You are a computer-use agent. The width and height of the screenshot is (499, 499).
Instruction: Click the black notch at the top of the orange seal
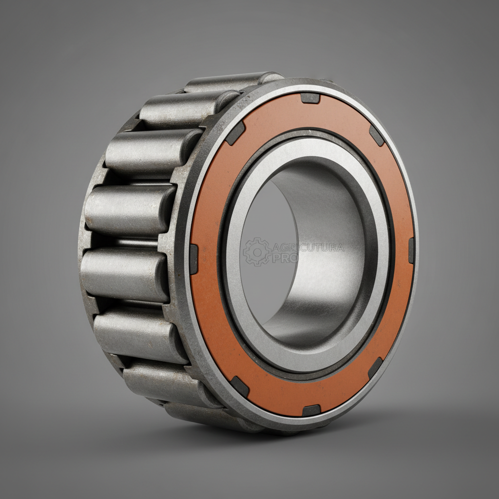310,98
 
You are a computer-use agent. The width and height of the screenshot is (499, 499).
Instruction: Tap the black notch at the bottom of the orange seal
311,410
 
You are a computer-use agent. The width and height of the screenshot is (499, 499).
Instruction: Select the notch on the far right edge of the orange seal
411,250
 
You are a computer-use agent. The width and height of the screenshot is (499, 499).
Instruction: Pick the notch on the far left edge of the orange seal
193,259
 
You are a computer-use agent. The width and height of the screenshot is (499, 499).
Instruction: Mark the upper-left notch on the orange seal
235,133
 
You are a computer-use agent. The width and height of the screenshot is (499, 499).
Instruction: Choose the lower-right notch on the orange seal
375,367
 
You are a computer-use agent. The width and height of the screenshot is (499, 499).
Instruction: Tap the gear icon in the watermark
256,251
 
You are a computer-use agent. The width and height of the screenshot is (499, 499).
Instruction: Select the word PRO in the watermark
285,258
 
